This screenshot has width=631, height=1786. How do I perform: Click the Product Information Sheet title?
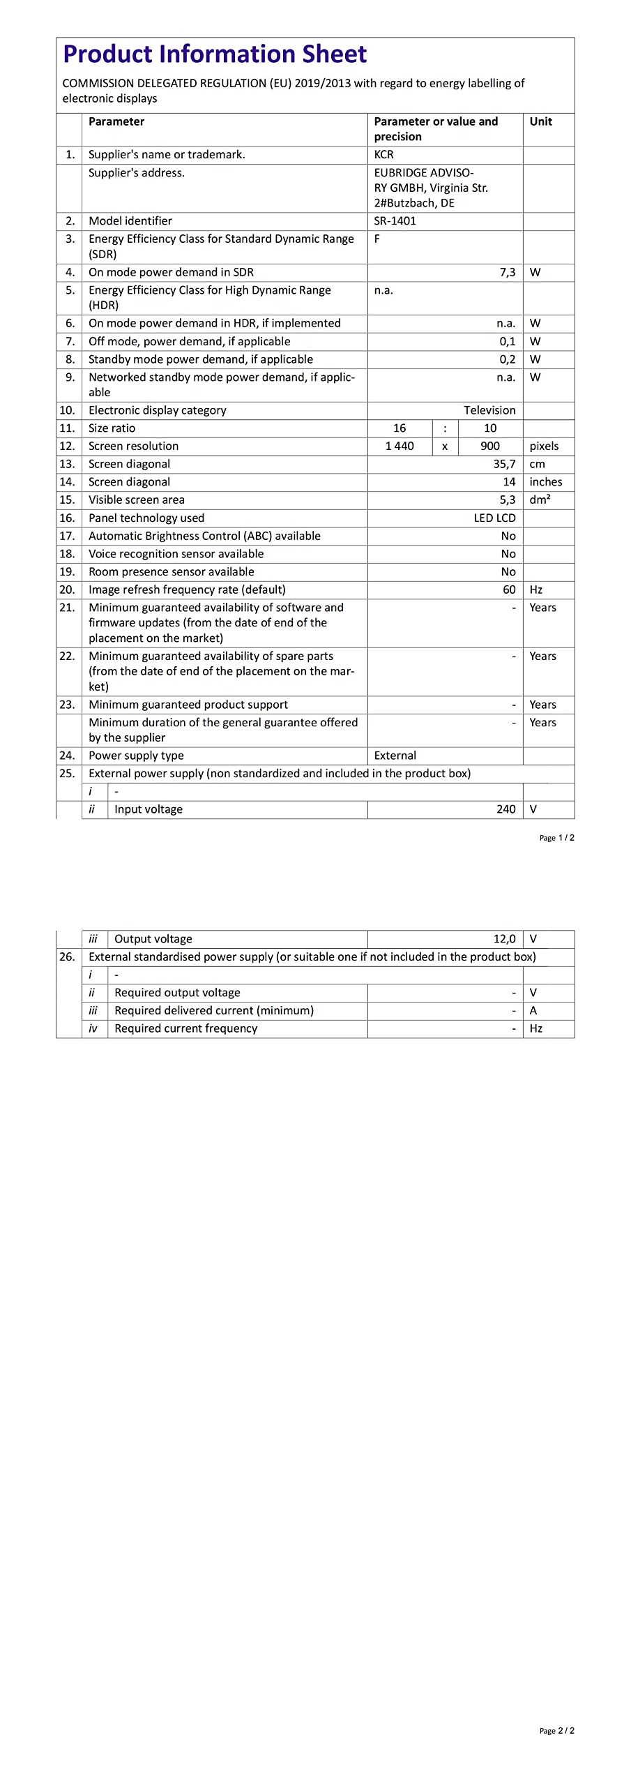coord(215,54)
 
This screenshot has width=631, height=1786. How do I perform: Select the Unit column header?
coord(540,121)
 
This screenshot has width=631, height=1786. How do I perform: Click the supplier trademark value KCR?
coord(383,155)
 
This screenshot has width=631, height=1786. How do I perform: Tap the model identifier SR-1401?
coord(395,221)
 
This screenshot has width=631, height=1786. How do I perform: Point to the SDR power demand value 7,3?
coord(507,272)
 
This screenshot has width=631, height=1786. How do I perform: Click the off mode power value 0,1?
coord(507,341)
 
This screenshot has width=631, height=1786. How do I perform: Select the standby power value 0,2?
coord(507,359)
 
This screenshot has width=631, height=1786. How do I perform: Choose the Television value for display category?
coord(489,410)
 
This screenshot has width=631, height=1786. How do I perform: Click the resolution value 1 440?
coord(400,446)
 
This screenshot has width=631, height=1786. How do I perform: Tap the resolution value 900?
coord(490,446)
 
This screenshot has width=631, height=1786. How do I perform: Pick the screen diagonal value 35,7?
coord(504,464)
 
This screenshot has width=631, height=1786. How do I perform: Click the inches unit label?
coord(545,482)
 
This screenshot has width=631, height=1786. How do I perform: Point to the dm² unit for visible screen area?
coord(540,500)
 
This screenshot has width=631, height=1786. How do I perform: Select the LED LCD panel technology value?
coord(494,518)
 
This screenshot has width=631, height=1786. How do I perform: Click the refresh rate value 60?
coord(509,590)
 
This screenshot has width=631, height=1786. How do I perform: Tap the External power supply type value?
coord(395,756)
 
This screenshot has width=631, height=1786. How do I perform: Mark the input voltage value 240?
coord(505,809)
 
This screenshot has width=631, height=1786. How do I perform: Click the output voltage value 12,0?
coord(504,939)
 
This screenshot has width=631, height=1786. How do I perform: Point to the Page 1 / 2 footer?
coord(556,838)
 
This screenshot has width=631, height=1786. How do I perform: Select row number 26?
coord(67,957)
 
